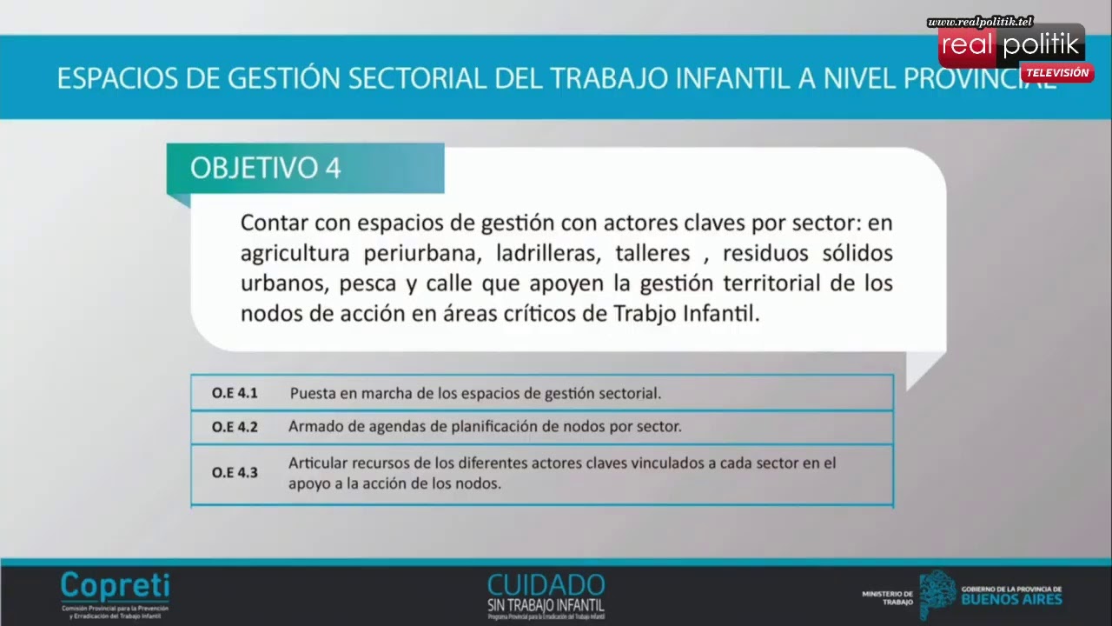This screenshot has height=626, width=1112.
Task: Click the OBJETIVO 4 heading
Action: point(266,168)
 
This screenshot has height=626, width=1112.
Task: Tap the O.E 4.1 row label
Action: point(235,393)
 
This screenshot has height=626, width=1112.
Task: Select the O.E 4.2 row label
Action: point(235,427)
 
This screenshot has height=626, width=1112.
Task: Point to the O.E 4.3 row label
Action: point(235,474)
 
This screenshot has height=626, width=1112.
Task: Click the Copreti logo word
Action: point(115,585)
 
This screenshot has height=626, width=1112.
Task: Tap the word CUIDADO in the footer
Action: point(546,583)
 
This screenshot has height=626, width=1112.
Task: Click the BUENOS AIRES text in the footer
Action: point(1011,599)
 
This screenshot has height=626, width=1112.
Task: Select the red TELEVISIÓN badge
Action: point(1056,73)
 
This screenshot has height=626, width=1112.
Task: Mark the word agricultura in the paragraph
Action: point(295,254)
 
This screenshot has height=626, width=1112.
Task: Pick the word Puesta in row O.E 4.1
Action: point(312,393)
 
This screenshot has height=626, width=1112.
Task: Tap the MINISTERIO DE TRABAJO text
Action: point(887,597)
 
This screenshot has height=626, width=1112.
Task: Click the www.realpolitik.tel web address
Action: point(980,22)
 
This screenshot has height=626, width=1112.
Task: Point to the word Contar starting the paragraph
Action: point(274,223)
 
